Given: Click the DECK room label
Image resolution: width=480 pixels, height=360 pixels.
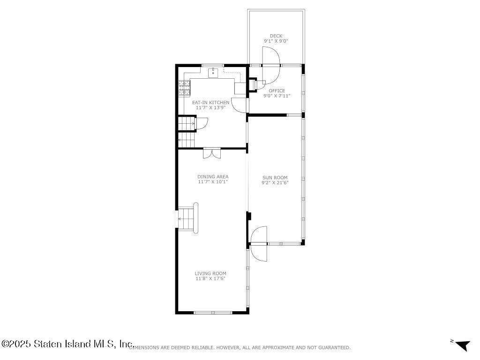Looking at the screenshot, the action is point(276,36).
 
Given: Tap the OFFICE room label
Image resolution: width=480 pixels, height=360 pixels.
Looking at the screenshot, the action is point(277,90).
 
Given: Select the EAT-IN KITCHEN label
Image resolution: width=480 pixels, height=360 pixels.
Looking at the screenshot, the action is point(210,103).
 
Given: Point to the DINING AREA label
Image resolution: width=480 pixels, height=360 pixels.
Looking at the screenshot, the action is point(213,177).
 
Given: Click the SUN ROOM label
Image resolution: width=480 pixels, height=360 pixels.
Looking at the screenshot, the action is point(275,178).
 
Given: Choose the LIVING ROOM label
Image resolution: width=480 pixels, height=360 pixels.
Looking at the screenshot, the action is point(210,273).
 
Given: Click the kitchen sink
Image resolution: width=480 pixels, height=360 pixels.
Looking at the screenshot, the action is point(213,73).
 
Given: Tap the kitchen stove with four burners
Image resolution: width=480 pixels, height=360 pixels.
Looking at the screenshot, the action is point(185,88).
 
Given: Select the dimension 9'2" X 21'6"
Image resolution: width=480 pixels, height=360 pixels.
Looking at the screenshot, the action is point(275,183).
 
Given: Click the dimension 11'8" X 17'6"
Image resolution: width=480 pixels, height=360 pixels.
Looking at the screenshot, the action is point(210,278).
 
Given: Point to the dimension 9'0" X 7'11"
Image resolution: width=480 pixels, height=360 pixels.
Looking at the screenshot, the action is point(277,96).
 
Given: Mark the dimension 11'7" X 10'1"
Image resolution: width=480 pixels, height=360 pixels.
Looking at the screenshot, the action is point(213,182).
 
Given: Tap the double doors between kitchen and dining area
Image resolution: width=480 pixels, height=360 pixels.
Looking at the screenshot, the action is point(212,153).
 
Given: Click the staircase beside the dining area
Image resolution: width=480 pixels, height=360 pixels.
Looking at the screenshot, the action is point(187,218).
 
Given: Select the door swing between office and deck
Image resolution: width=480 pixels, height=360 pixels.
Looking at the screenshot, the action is point(271,65).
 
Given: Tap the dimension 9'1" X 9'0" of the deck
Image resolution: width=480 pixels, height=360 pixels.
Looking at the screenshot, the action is point(276,41).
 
